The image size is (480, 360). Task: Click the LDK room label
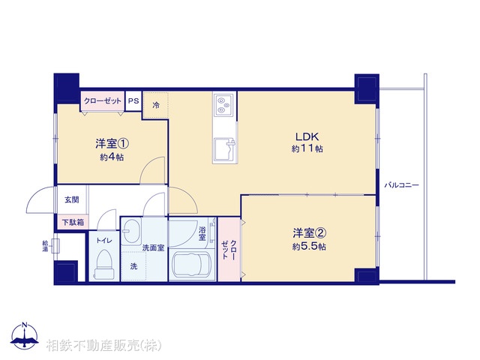307,136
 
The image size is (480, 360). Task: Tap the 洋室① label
109,143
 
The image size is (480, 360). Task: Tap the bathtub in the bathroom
190,265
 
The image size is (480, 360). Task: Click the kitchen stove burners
223,106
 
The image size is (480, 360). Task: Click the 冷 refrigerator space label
156,105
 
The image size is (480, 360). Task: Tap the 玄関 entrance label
71,199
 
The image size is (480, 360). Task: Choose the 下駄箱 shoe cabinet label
73,222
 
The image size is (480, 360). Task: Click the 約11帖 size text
307,149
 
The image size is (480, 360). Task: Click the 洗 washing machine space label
133,266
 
